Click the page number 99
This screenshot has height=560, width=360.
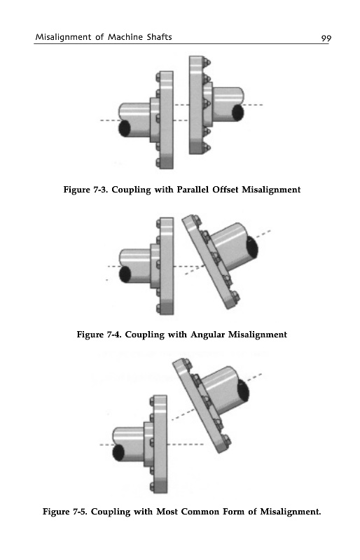[326, 38]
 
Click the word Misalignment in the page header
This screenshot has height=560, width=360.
[63, 37]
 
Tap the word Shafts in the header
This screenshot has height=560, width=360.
[159, 37]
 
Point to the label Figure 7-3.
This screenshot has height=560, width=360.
[86, 190]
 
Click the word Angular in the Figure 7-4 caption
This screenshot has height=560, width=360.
[208, 335]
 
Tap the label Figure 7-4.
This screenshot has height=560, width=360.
[99, 335]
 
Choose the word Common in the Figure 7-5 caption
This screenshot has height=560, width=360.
[200, 512]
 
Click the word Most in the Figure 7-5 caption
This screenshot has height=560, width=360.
[167, 512]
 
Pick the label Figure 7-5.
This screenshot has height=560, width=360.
[65, 512]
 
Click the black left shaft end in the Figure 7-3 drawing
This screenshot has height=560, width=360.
[125, 128]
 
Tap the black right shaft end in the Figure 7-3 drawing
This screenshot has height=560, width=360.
[238, 113]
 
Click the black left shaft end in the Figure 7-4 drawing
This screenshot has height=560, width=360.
[125, 274]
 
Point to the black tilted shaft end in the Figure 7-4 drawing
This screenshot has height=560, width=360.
[252, 248]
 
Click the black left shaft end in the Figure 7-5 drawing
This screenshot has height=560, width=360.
[118, 453]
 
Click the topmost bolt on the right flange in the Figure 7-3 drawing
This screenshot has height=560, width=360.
[207, 63]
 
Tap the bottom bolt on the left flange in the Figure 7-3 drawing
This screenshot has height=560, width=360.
[158, 163]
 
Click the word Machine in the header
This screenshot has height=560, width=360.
[125, 37]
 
